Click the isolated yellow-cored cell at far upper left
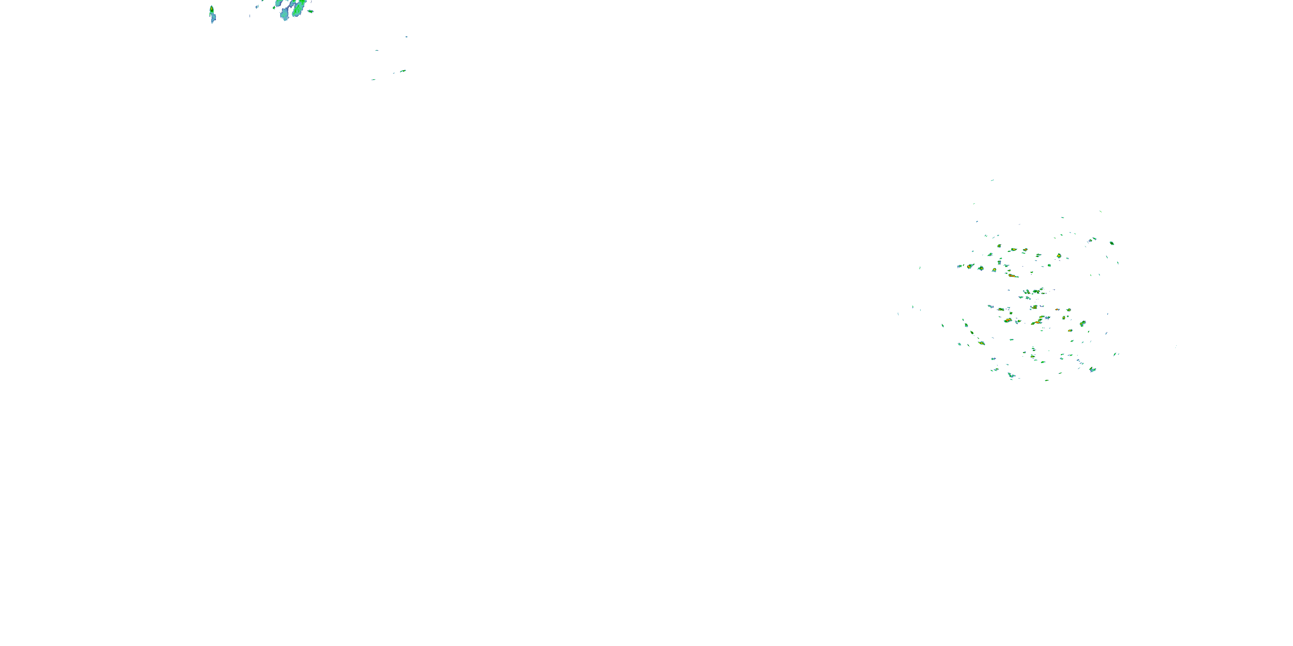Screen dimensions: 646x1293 click(x=211, y=9)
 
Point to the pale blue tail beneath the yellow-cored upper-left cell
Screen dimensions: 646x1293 click(x=213, y=19)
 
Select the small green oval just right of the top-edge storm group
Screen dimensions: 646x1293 click(x=310, y=11)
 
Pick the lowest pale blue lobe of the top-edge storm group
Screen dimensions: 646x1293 click(x=284, y=16)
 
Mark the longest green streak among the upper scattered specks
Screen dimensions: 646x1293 click(x=403, y=71)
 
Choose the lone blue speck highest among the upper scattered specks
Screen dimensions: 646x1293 click(x=406, y=37)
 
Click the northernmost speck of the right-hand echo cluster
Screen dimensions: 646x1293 click(x=992, y=180)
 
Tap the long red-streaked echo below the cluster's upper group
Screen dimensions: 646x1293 click(x=1013, y=276)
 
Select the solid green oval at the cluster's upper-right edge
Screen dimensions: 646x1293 click(x=1112, y=243)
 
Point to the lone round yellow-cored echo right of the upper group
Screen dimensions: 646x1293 click(x=1059, y=256)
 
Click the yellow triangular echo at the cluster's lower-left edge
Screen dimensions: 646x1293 click(x=981, y=343)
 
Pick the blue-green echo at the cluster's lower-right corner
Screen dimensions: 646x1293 click(x=1092, y=370)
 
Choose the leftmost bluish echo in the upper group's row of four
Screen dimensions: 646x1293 click(x=960, y=266)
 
